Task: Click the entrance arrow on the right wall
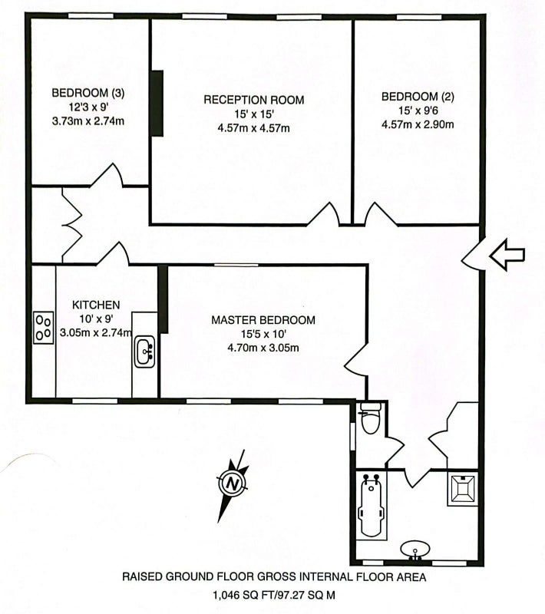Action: pos(507,255)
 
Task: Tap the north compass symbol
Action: pos(233,484)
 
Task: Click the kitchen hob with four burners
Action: pos(44,328)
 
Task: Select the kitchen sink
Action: pos(145,352)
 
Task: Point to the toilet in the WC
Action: pos(370,418)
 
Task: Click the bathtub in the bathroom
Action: pos(371,506)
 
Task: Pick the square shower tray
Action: pos(462,489)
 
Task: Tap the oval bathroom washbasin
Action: pos(415,550)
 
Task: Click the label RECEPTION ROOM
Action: pos(254,100)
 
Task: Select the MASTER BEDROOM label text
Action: pos(263,320)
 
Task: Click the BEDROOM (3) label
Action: pos(88,93)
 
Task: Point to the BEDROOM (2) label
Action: pos(418,97)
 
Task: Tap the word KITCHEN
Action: pos(96,305)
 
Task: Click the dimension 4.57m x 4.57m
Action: pos(254,128)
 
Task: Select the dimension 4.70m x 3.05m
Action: pos(263,348)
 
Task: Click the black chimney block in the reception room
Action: pos(157,104)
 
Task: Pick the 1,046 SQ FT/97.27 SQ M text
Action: pos(274,596)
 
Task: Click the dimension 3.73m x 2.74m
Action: pos(88,121)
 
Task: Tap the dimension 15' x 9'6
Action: pos(418,111)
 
